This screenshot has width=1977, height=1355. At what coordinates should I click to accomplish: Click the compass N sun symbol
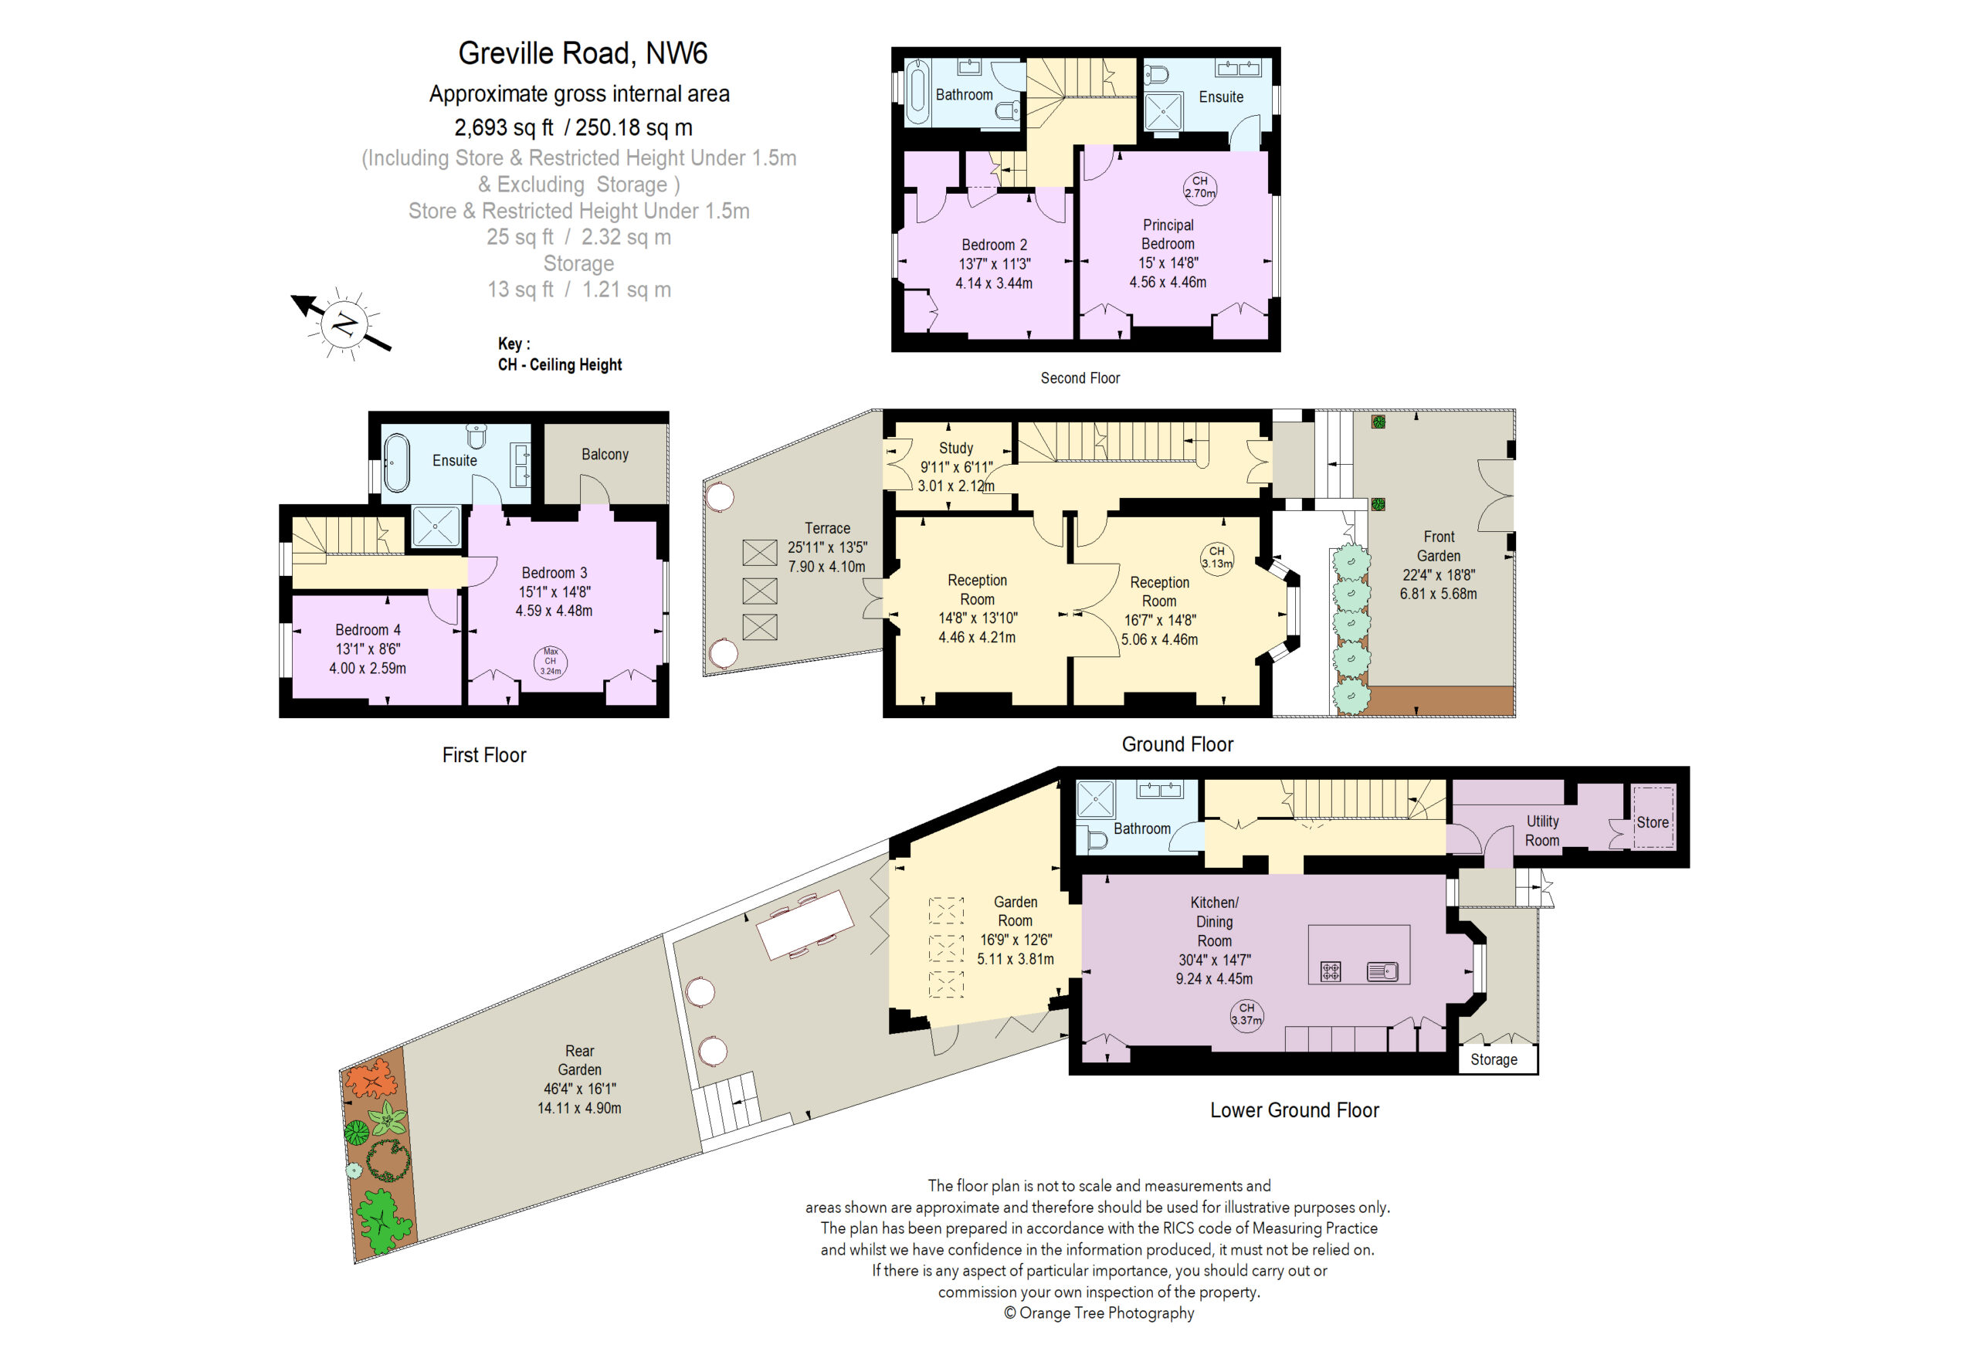344,324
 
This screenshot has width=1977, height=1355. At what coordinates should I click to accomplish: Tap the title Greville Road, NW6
583,53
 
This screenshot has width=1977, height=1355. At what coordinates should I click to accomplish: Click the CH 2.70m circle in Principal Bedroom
1199,187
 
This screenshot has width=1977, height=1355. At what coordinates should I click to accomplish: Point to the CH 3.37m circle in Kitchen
1246,1014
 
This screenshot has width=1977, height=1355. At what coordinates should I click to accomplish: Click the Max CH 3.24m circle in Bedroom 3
551,662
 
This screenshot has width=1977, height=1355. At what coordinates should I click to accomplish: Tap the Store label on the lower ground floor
1652,822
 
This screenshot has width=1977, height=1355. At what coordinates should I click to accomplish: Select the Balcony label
605,454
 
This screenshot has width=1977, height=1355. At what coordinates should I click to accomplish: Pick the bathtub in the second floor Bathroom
916,92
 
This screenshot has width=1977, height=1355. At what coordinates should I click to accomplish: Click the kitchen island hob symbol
1331,971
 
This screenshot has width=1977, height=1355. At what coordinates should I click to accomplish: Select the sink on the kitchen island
1382,971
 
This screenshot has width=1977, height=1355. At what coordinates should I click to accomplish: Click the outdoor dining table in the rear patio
804,925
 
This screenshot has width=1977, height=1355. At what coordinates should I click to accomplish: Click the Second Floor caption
1080,378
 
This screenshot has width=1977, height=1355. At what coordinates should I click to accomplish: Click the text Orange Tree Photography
1106,1313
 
